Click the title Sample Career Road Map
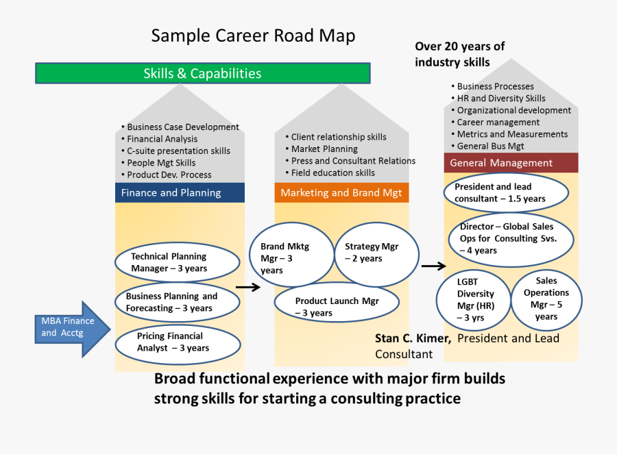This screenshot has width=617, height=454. pyautogui.click(x=253, y=36)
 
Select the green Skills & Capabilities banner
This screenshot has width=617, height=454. pyautogui.click(x=202, y=73)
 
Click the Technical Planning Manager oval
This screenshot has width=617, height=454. pyautogui.click(x=177, y=262)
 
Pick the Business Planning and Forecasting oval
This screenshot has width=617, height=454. pyautogui.click(x=177, y=302)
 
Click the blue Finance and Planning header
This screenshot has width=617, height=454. pyautogui.click(x=180, y=192)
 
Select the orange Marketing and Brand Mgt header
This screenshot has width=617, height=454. pyautogui.click(x=341, y=192)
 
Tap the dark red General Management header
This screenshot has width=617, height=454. pyautogui.click(x=511, y=163)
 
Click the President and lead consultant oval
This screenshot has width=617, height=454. pyautogui.click(x=506, y=192)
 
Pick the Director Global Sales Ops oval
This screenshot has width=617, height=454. pyautogui.click(x=511, y=238)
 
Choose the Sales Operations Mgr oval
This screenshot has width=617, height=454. pyautogui.click(x=546, y=299)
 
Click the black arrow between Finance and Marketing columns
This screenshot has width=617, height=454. pyautogui.click(x=247, y=288)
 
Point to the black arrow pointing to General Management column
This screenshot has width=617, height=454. pyautogui.click(x=433, y=266)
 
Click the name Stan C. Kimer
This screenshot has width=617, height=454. pyautogui.click(x=413, y=338)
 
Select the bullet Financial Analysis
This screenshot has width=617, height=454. pyautogui.click(x=162, y=139)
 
